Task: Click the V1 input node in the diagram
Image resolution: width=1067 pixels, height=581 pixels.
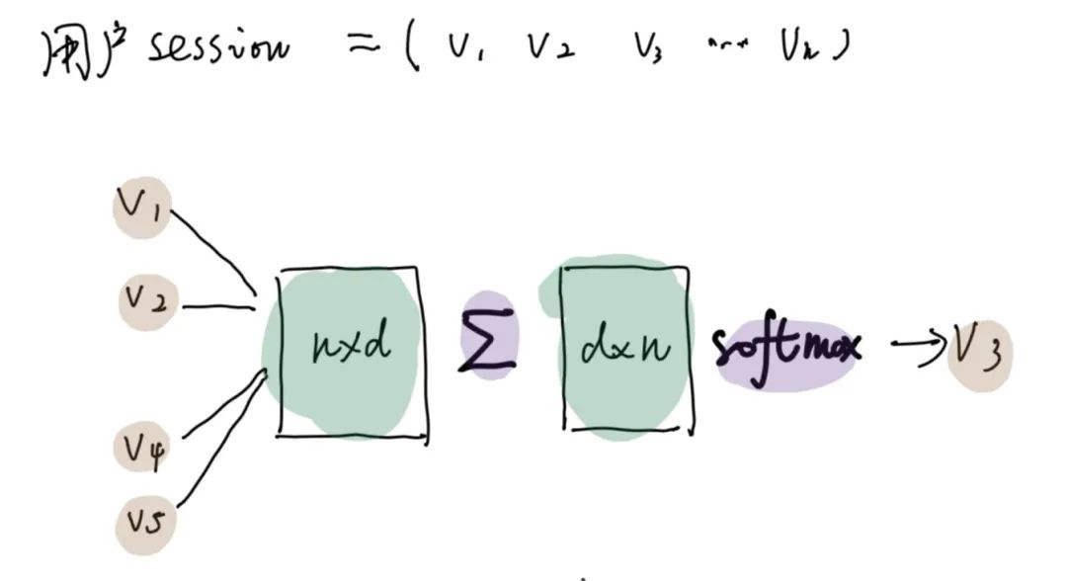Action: [141, 207]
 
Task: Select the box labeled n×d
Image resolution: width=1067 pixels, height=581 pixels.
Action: [353, 351]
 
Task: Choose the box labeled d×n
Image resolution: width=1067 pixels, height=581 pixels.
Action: [624, 348]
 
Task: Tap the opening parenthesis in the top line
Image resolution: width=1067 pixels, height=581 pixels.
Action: [415, 49]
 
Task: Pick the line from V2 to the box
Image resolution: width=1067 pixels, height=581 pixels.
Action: [217, 306]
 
